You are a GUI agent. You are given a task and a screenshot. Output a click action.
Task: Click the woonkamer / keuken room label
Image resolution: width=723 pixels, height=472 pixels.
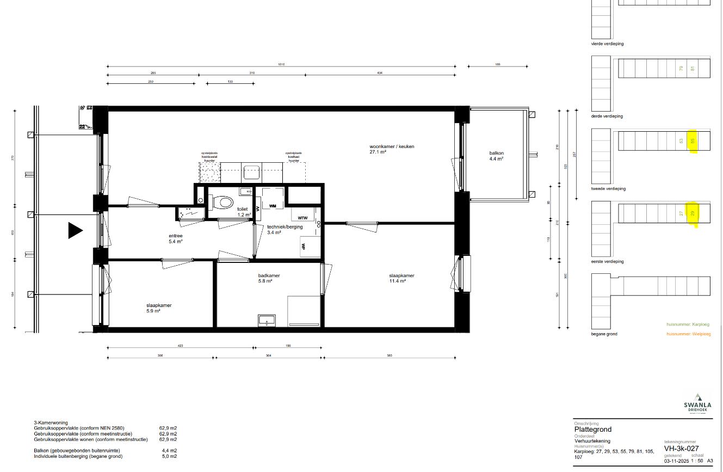(x=388, y=147)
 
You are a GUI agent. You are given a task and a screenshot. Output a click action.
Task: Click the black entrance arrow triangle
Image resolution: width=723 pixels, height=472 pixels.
(x=75, y=231)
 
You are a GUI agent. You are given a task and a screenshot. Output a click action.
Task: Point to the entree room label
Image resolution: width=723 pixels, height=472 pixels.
(x=175, y=236)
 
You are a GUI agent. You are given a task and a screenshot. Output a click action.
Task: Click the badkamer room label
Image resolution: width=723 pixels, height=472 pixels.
(x=269, y=275)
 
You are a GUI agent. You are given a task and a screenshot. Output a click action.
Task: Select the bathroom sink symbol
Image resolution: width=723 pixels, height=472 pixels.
(x=267, y=320)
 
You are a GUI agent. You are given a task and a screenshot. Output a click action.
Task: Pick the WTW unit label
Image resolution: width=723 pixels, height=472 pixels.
(x=302, y=218)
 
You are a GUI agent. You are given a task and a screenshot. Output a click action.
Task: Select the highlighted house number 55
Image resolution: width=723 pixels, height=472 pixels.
(x=693, y=141)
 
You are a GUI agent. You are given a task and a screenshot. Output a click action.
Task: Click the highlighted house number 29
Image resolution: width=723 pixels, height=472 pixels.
(x=693, y=214)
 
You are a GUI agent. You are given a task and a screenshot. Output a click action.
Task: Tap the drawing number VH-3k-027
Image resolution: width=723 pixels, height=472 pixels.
(x=681, y=449)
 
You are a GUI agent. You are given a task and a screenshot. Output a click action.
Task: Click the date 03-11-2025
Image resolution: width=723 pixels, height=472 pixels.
(x=675, y=461)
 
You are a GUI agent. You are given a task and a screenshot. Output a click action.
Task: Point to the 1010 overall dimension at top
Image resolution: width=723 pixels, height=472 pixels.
(x=281, y=64)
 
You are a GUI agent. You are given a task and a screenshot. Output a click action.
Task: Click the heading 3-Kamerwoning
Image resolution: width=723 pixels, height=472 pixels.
(x=51, y=422)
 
